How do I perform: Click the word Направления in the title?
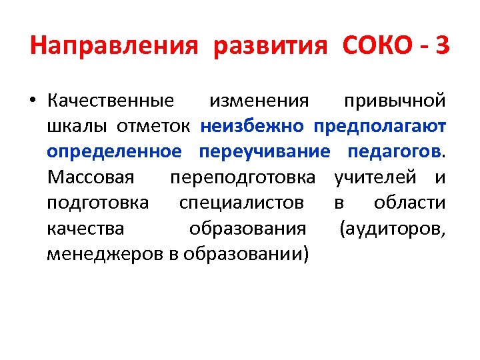click(x=114, y=47)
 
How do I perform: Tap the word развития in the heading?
click(x=271, y=47)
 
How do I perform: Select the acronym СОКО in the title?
click(x=377, y=47)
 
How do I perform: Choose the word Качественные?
click(x=111, y=101)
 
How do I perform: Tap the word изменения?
click(x=259, y=101)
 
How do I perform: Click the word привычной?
click(x=395, y=101)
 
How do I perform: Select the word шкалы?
click(x=70, y=126)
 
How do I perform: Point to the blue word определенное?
click(x=114, y=151)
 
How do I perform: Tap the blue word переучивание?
click(x=264, y=151)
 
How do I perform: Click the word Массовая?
click(x=91, y=177)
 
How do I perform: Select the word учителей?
click(x=379, y=177)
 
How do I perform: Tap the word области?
click(x=409, y=203)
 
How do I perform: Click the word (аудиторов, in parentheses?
click(x=392, y=228)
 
